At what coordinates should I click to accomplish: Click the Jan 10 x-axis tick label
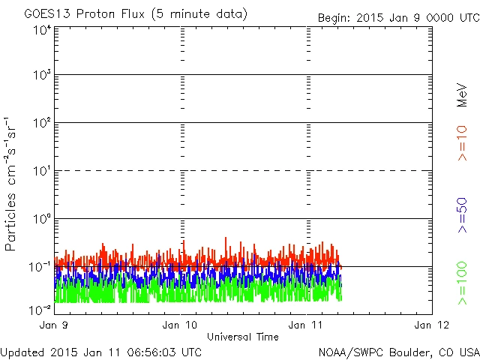[181, 325]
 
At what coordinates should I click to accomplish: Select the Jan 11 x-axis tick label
[307, 325]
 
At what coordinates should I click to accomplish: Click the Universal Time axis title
[242, 337]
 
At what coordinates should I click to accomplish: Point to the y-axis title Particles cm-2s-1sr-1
[13, 184]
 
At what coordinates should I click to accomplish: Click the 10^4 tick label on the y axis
[41, 30]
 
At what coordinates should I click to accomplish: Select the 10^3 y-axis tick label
[41, 76]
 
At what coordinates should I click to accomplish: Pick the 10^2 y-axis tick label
[41, 123]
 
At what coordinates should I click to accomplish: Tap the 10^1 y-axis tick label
[41, 171]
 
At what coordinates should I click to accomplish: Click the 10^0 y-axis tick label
[41, 219]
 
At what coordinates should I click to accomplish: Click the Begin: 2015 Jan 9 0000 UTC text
[397, 16]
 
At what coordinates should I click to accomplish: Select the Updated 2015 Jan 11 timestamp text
[100, 351]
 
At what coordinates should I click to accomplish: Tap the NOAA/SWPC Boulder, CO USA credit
[398, 351]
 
